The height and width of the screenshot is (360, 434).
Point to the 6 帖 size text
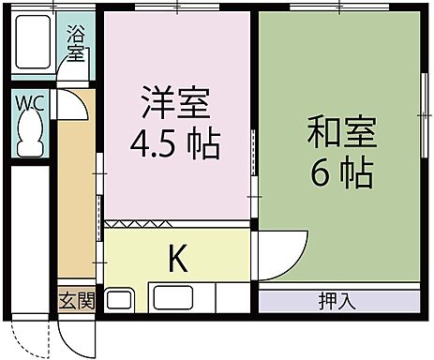341,173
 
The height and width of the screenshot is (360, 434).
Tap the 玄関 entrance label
78,301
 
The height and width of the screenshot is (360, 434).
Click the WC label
29,101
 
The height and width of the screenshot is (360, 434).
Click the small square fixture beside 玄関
119,302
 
